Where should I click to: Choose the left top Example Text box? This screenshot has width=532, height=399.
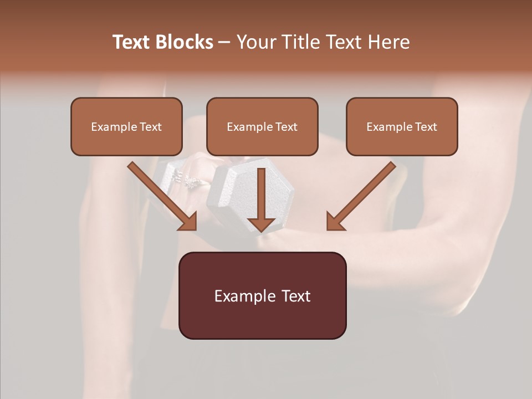click(x=126, y=126)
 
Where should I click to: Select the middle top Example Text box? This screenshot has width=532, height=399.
click(x=262, y=126)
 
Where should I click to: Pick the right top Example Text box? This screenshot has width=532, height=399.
click(x=402, y=126)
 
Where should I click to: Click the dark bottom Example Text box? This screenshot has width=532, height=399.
click(x=262, y=295)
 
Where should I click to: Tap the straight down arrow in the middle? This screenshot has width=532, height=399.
click(x=261, y=199)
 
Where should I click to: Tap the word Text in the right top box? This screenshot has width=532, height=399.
click(x=426, y=127)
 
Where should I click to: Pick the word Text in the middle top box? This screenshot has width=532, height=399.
click(x=286, y=127)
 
